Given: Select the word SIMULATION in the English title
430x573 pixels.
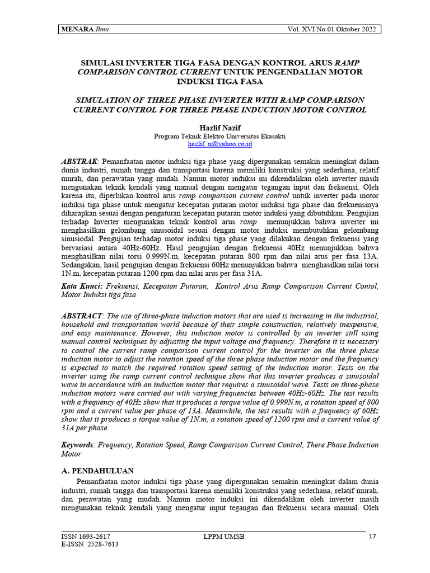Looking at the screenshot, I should (x=105, y=100).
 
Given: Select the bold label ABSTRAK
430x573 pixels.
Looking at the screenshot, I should (x=78, y=161).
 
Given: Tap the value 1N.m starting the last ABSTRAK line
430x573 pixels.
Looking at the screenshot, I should (x=71, y=274).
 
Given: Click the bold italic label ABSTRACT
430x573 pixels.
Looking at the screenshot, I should (x=81, y=316).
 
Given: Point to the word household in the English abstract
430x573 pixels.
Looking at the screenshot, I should (x=79, y=325).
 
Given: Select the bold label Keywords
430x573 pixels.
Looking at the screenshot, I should (x=77, y=445).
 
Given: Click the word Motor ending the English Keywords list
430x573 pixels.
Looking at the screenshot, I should (x=71, y=454).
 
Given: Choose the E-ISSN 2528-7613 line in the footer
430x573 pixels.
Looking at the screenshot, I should (x=90, y=544).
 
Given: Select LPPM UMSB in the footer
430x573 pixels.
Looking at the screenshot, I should (x=223, y=537).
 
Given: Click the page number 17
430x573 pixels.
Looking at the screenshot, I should (x=372, y=537).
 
